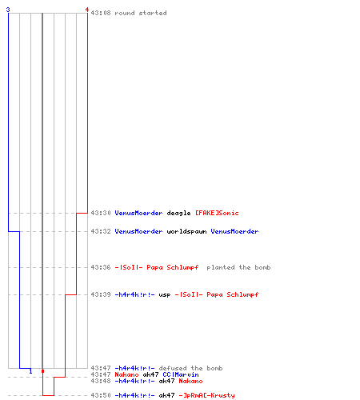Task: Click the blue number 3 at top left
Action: (x=8, y=10)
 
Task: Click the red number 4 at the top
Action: (x=86, y=10)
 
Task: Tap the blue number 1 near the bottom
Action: (x=30, y=371)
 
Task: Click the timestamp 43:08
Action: (x=101, y=13)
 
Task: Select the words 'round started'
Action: (x=141, y=13)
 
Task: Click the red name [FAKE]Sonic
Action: (x=217, y=213)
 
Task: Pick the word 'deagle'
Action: (x=178, y=213)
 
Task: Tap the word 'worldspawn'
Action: (x=186, y=231)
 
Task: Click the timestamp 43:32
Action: (x=101, y=231)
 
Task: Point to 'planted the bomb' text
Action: (x=238, y=267)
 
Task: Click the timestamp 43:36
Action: (x=101, y=267)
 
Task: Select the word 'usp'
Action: (x=165, y=295)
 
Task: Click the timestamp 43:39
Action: (x=101, y=294)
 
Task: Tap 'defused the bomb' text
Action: (x=190, y=368)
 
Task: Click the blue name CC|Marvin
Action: (x=181, y=374)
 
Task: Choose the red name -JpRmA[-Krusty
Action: (x=206, y=395)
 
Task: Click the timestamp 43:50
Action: (x=101, y=395)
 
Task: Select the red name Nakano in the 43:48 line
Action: (x=190, y=381)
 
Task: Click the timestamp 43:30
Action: (x=101, y=213)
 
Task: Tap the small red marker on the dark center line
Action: (x=42, y=371)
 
